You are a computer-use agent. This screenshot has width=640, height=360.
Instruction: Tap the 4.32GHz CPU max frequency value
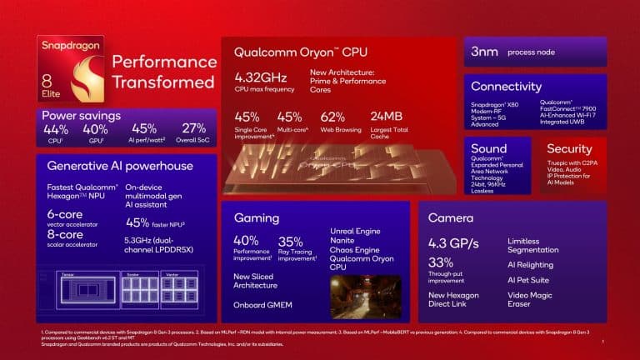coord(260,78)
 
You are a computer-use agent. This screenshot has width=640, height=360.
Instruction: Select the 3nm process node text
coord(485,52)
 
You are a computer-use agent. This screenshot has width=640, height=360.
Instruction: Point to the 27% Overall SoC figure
coord(194,129)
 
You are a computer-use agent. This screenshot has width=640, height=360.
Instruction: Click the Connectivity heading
coord(506,87)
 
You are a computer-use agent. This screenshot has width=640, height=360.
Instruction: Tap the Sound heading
coord(488,149)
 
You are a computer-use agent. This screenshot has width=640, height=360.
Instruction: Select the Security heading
coord(569,149)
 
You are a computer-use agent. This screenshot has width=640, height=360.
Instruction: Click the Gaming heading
coord(257,217)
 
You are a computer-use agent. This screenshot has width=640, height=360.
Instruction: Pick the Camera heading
coord(451,217)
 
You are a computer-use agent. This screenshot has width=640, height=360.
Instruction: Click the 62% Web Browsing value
coord(332,117)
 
